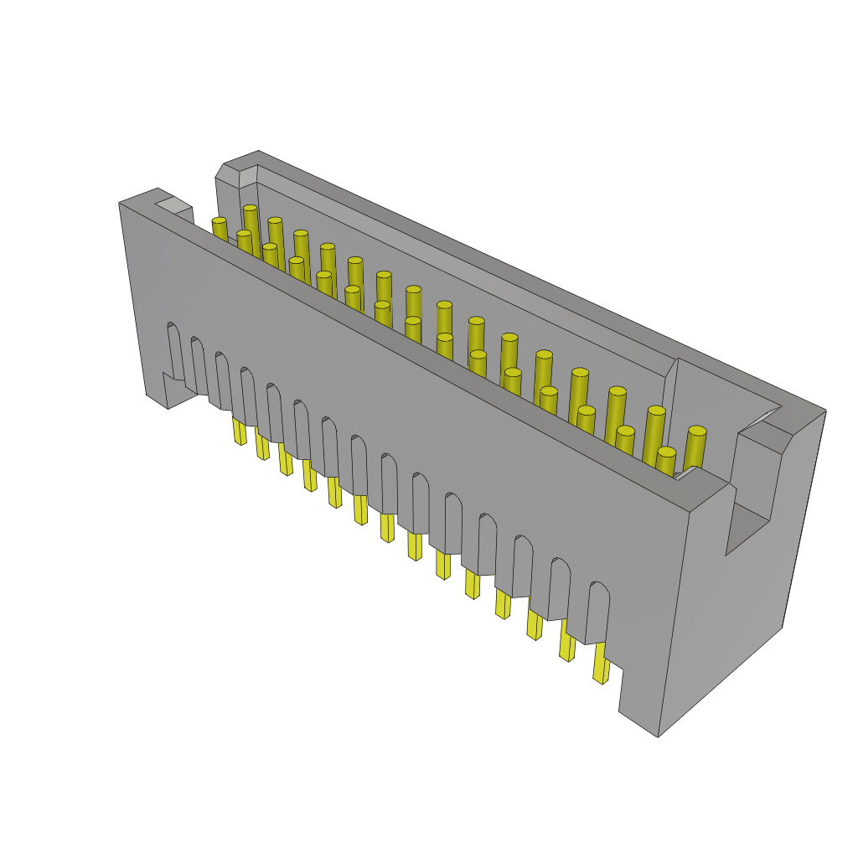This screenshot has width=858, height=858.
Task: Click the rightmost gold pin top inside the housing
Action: (x=697, y=432)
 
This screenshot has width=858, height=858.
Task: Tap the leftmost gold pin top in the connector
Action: (x=219, y=221)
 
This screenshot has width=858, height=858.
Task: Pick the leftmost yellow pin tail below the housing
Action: (x=240, y=432)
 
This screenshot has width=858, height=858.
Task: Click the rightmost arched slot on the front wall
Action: (x=597, y=612)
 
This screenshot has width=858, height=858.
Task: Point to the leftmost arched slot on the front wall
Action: (x=174, y=352)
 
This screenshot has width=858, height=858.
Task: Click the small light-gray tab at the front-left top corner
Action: (x=173, y=204)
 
